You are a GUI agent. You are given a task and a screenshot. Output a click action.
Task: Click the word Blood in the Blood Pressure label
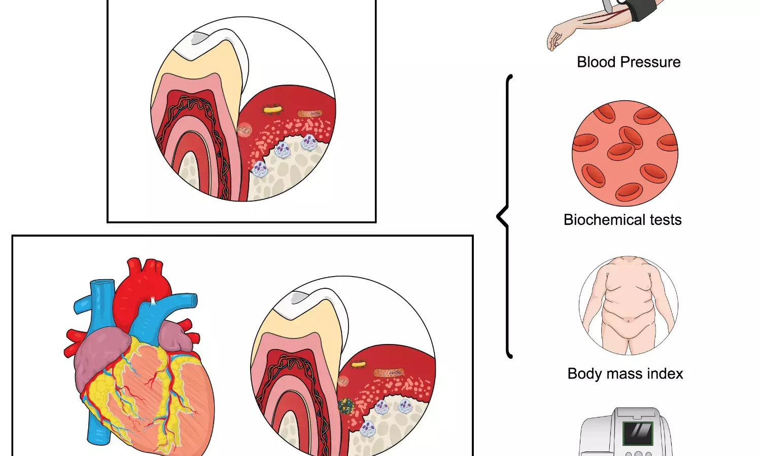pos(596,62)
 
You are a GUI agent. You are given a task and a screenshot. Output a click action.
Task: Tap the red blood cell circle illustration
pos(625,153)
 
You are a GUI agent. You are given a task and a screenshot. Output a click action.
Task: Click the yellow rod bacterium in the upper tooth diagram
pos(272,109)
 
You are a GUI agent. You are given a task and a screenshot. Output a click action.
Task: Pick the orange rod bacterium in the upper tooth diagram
pos(309,114)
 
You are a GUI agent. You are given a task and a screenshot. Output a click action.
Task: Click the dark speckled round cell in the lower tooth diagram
pos(346,405)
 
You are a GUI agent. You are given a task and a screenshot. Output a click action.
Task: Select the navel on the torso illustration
pos(629,320)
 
